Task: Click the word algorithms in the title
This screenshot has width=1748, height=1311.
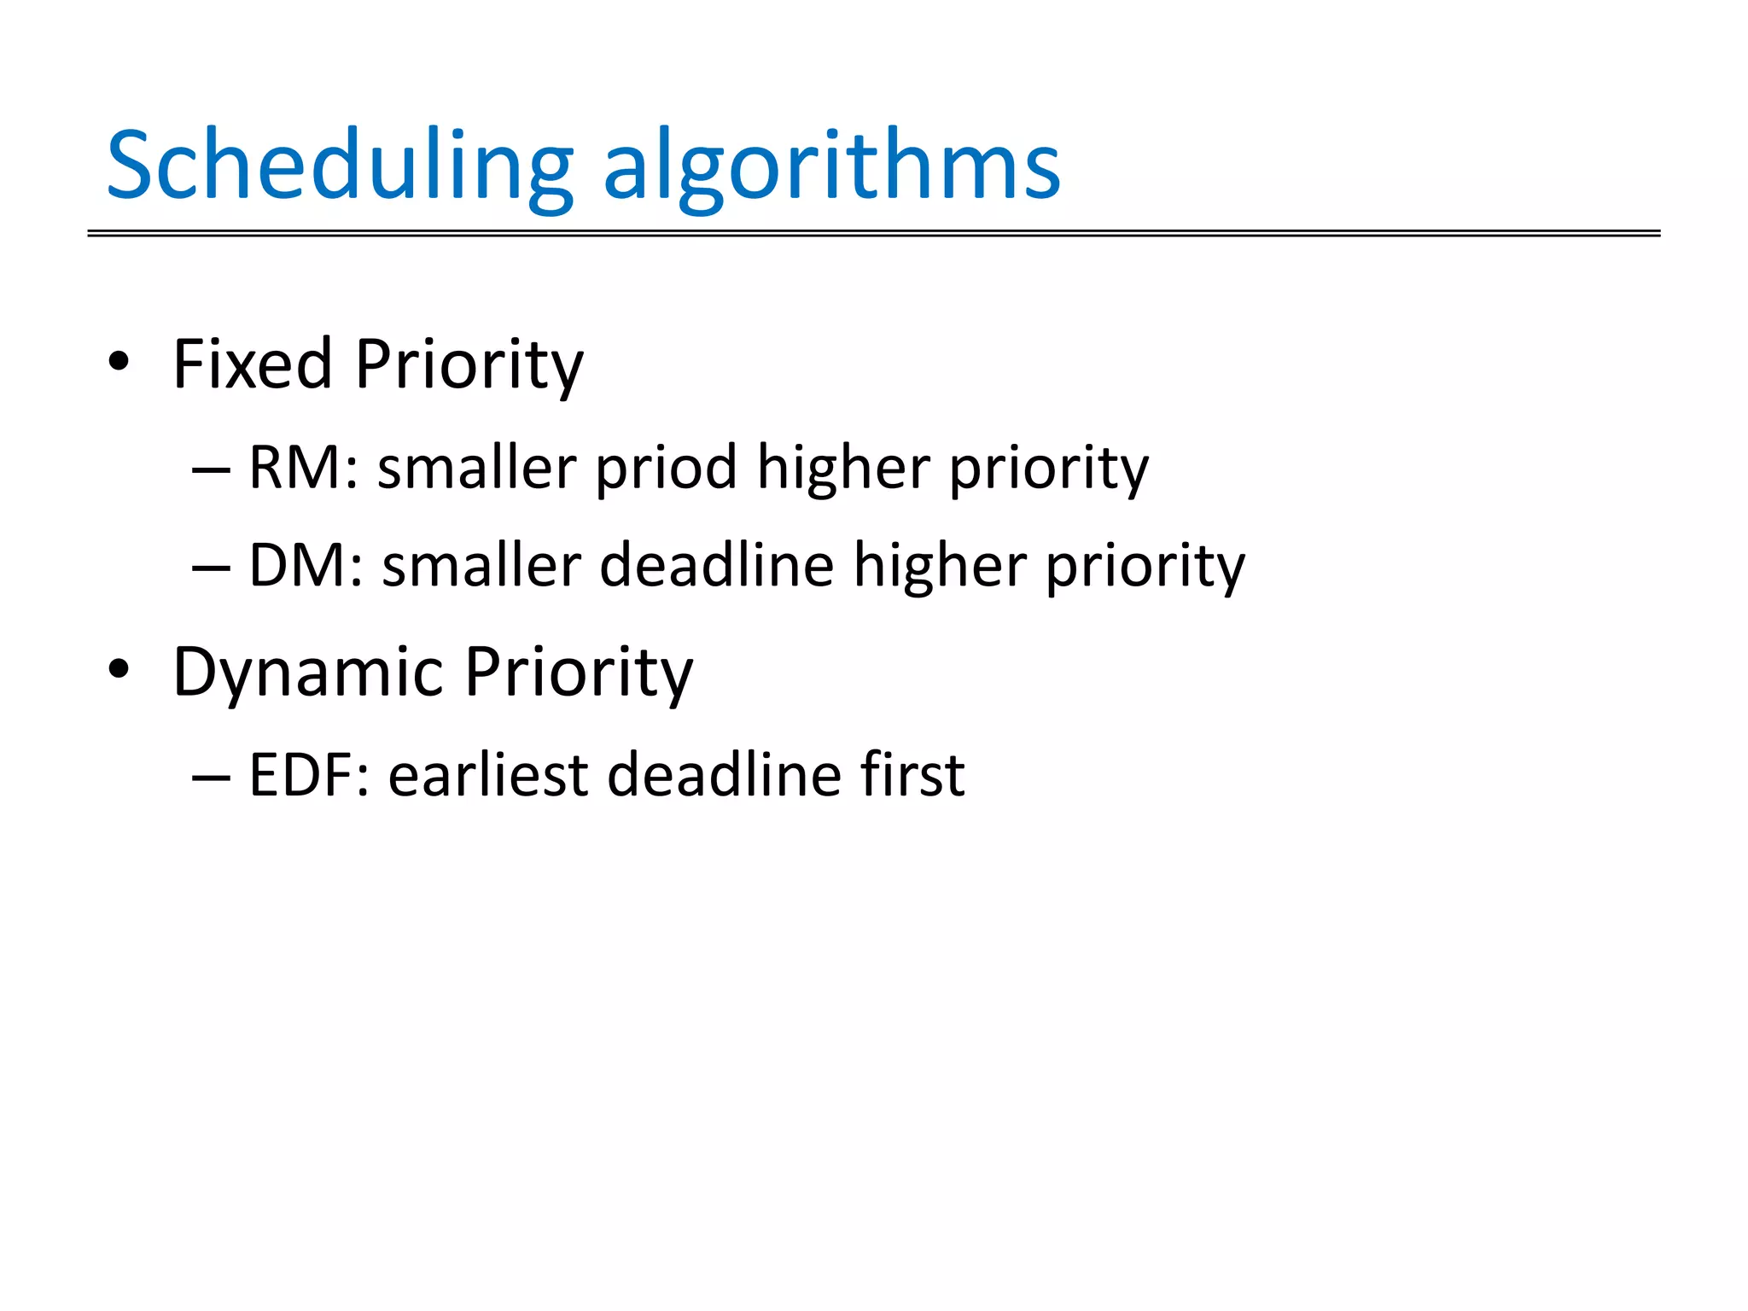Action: tap(832, 166)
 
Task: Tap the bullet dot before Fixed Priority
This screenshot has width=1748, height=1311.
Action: tap(119, 362)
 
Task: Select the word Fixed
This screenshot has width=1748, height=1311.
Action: tap(252, 364)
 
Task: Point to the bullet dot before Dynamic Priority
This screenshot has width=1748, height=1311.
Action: tap(119, 669)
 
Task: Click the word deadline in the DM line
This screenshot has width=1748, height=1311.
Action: tap(716, 566)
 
